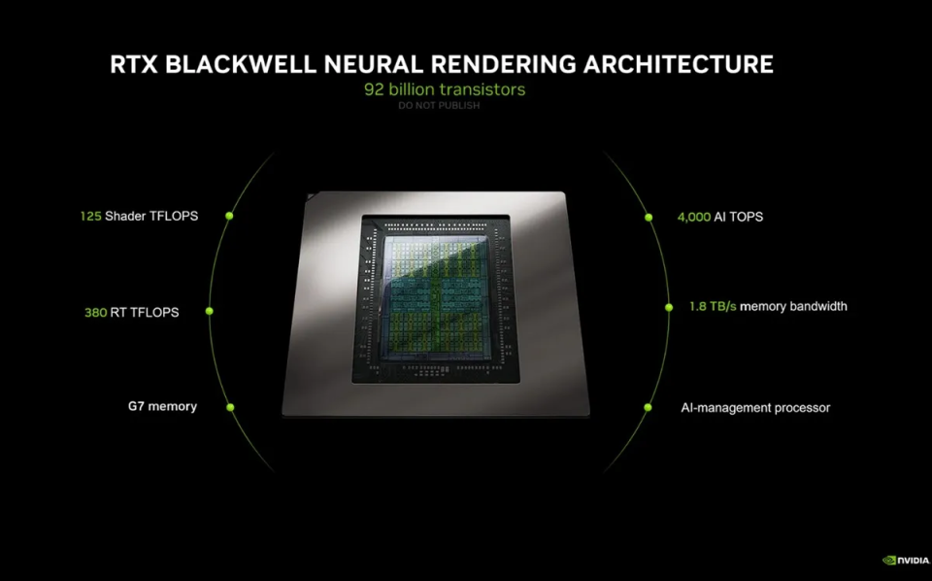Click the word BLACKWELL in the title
pos(241,64)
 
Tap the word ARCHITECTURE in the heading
pos(679,64)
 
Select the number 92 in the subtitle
pos(374,89)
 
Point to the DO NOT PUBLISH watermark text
pos(439,105)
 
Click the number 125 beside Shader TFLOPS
pos(90,216)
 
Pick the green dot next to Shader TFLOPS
pos(229,216)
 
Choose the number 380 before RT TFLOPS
pos(95,312)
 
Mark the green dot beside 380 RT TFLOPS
pos(210,311)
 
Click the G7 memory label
pos(162,407)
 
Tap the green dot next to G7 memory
pos(230,407)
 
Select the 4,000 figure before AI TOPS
pos(693,217)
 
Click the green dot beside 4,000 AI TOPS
pos(649,218)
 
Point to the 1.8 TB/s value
pos(713,306)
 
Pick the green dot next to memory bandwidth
pos(669,307)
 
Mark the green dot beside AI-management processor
pos(648,407)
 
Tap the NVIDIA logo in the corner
pos(906,561)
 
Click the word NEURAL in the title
pos(376,64)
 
